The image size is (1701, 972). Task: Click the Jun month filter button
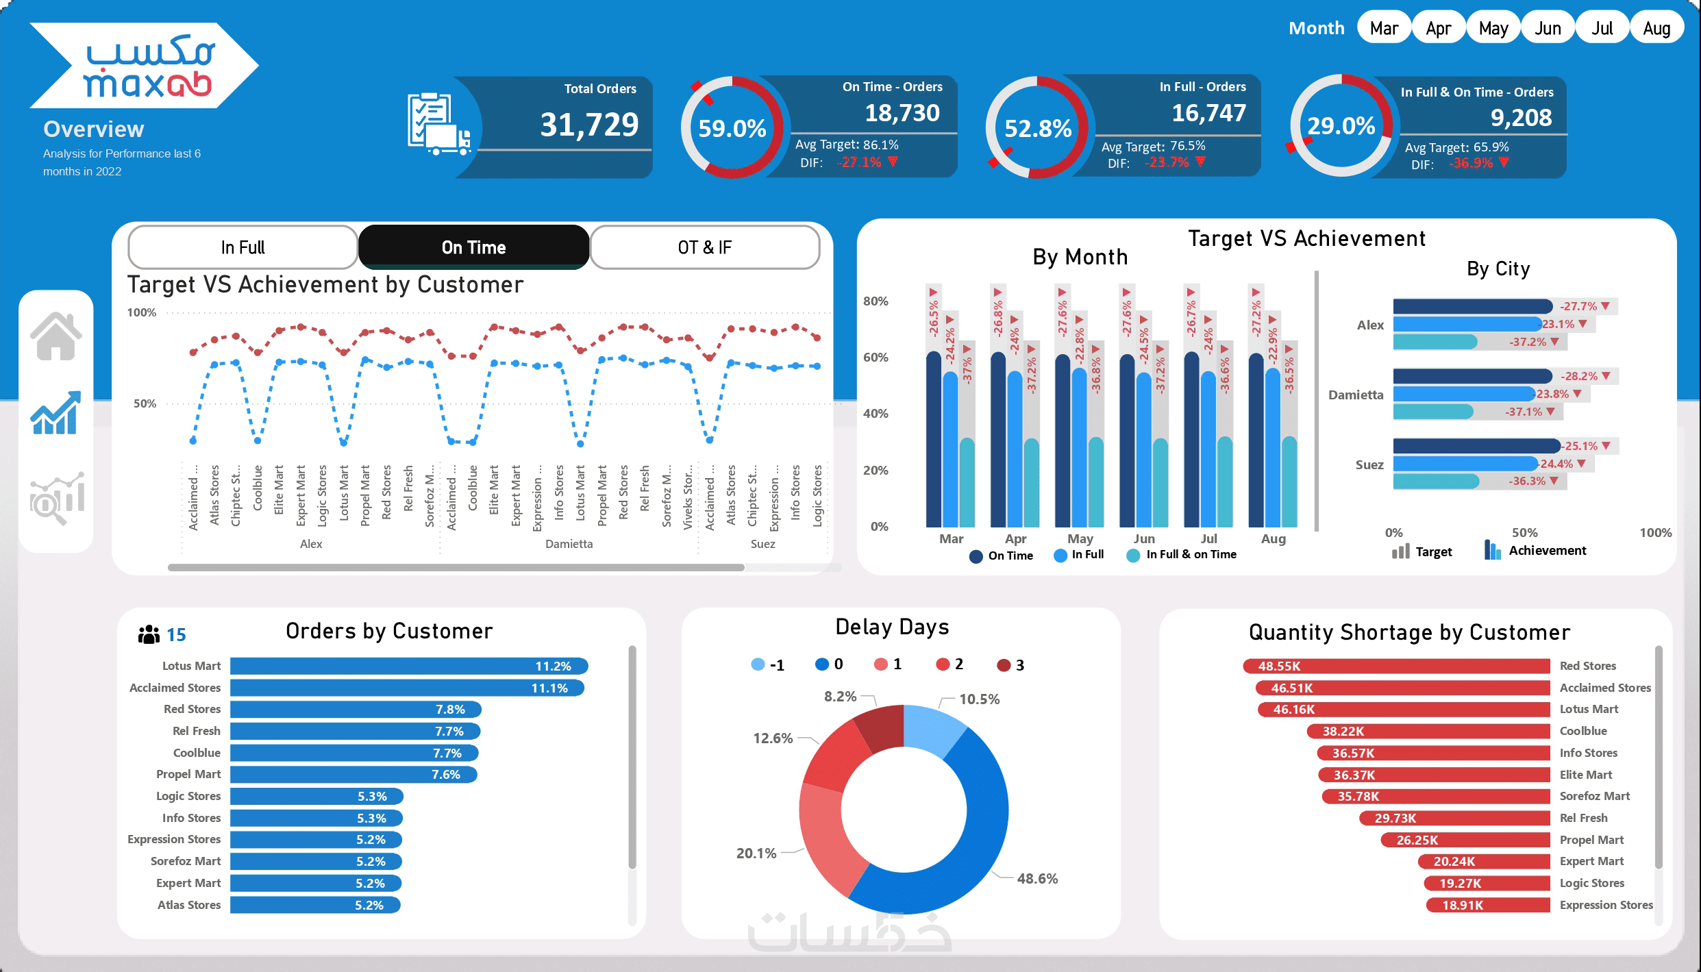(x=1548, y=28)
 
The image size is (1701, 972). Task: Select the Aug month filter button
(x=1656, y=28)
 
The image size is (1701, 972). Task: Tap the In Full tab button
(x=243, y=247)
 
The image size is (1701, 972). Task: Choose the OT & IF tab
(x=704, y=247)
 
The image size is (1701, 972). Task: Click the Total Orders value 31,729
(x=589, y=125)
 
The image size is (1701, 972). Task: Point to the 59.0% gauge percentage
(x=732, y=128)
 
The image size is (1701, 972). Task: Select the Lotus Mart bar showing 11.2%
(x=409, y=666)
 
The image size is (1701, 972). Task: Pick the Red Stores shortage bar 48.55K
(x=1396, y=666)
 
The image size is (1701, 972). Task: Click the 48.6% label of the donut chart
(x=1037, y=879)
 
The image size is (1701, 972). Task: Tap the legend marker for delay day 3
(x=1004, y=665)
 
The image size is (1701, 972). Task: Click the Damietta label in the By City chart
(x=1356, y=395)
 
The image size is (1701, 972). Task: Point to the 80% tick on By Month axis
(x=876, y=301)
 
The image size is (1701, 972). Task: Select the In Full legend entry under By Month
(x=1080, y=555)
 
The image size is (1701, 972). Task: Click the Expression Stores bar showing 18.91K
(x=1487, y=905)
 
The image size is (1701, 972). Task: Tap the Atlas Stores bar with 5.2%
(x=315, y=905)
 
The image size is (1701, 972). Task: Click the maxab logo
(x=144, y=66)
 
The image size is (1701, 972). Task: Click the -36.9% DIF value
(x=1470, y=164)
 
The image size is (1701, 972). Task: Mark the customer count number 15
(x=176, y=635)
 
